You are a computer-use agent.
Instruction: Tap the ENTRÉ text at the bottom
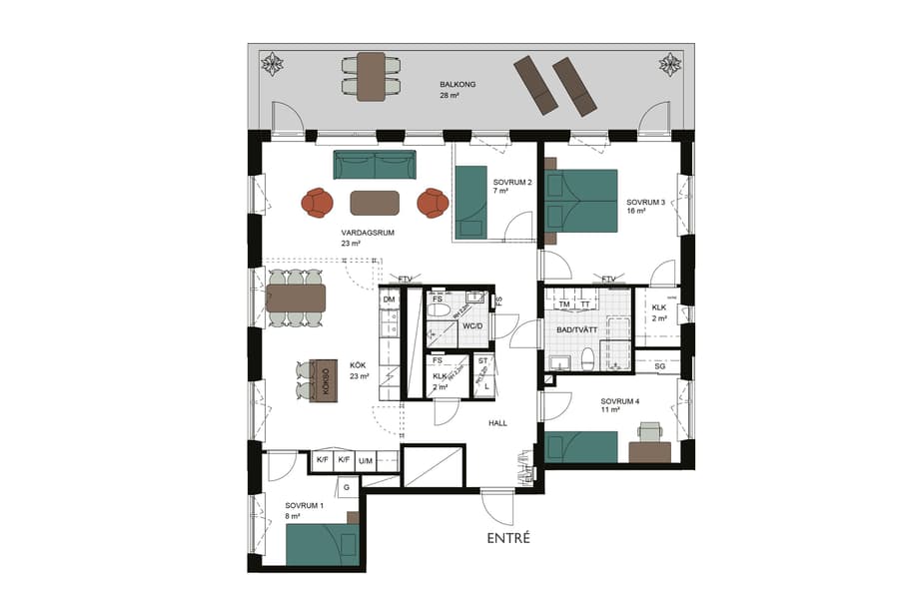point(507,538)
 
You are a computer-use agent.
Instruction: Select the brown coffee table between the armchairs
point(375,203)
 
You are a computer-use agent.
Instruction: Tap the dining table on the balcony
point(372,75)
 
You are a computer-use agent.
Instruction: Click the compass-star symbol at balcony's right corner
point(670,66)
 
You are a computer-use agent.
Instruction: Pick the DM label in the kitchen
point(389,299)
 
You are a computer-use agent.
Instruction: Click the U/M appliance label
point(366,460)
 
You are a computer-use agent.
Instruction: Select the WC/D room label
point(473,325)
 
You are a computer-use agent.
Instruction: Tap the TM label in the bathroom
point(564,304)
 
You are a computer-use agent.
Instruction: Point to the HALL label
point(497,423)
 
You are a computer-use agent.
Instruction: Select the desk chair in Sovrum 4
point(650,431)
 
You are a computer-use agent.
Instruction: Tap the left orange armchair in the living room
point(318,203)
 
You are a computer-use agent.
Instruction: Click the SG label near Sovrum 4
point(659,367)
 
